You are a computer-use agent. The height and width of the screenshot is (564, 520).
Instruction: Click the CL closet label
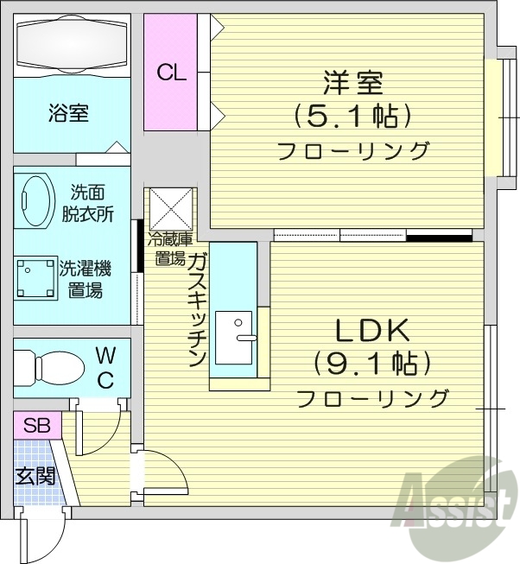171,73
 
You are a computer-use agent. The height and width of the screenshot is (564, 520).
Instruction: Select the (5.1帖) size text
352,115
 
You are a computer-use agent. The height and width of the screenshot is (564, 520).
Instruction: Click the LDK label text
371,331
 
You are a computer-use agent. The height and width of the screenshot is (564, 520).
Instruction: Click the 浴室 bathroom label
68,114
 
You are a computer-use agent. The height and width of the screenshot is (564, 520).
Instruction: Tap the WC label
105,366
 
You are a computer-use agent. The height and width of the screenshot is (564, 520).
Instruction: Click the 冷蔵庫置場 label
168,248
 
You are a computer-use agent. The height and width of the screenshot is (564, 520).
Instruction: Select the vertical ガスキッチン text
196,307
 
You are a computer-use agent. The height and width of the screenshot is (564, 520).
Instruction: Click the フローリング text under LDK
372,399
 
